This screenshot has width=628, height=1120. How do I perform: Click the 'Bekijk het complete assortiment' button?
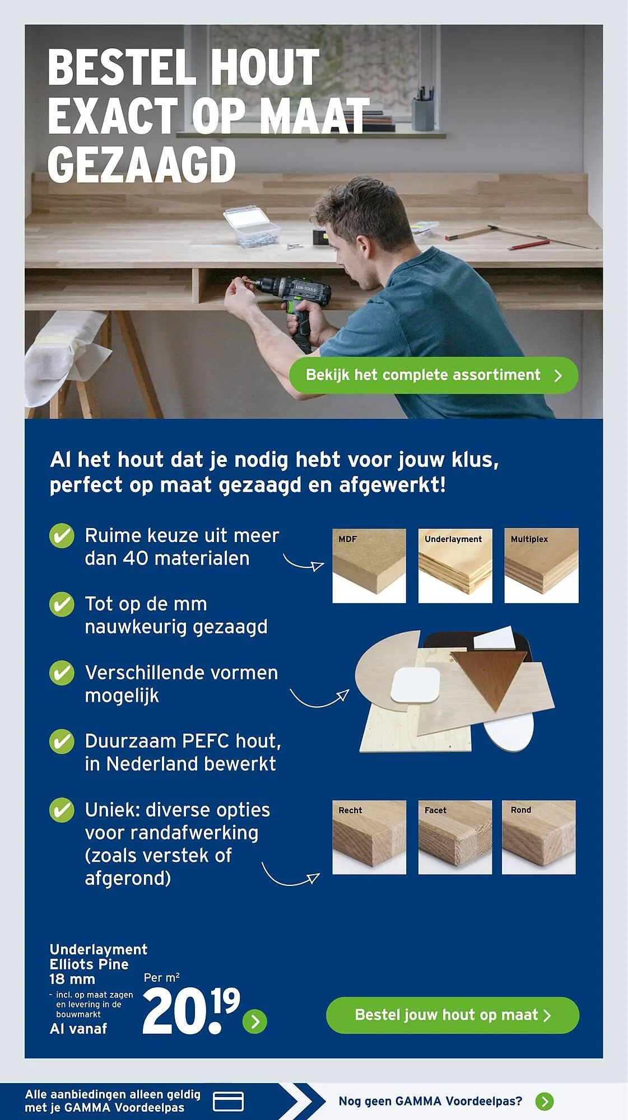[x=433, y=375]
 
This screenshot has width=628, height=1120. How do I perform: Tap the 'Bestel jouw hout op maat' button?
[x=452, y=1015]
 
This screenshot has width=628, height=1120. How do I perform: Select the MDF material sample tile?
[x=369, y=566]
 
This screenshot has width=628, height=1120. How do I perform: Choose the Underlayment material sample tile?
[x=455, y=566]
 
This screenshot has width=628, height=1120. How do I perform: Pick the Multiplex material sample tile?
[x=541, y=566]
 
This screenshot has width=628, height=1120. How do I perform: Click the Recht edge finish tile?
[x=369, y=837]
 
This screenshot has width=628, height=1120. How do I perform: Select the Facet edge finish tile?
[x=455, y=837]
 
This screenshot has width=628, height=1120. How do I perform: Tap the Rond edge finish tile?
[x=538, y=837]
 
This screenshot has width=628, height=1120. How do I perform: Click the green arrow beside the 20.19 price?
[x=255, y=1021]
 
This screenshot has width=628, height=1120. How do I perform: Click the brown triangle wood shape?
[x=491, y=678]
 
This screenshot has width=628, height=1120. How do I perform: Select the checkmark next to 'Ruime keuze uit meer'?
[x=62, y=536]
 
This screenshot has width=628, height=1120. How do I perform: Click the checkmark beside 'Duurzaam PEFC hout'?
[x=62, y=741]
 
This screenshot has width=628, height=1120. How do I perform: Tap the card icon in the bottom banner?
[x=228, y=1101]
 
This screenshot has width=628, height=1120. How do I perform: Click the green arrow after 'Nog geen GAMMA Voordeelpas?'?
[x=544, y=1101]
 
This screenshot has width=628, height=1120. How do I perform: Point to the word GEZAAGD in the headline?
[x=142, y=165]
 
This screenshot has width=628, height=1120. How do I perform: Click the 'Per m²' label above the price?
[x=161, y=978]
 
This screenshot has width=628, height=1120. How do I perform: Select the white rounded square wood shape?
[x=415, y=685]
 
